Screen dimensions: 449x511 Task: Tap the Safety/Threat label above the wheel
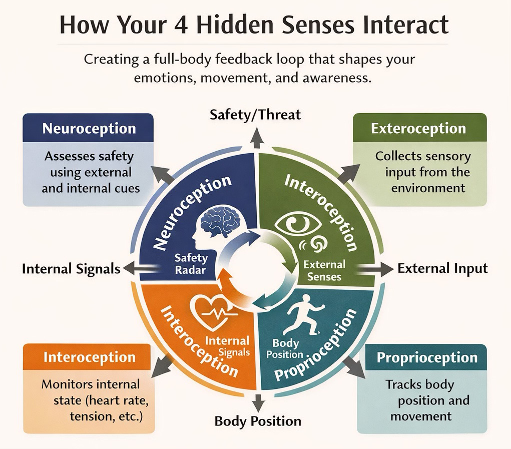[x=255, y=115]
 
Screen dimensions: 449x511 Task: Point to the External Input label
[x=442, y=268]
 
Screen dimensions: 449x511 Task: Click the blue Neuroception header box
[x=88, y=128]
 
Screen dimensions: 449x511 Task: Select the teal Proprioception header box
[x=426, y=358]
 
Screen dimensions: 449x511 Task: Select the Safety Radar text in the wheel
[x=190, y=264]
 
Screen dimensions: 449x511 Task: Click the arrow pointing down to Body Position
[x=258, y=402]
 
